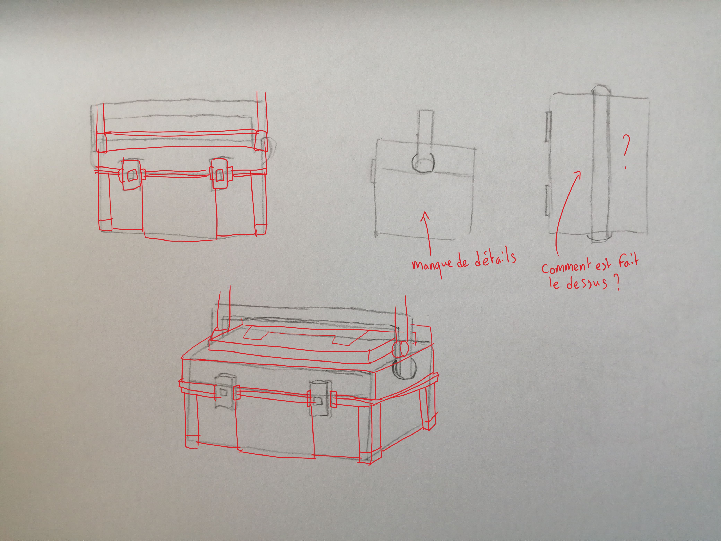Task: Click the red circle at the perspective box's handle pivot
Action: [400, 349]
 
